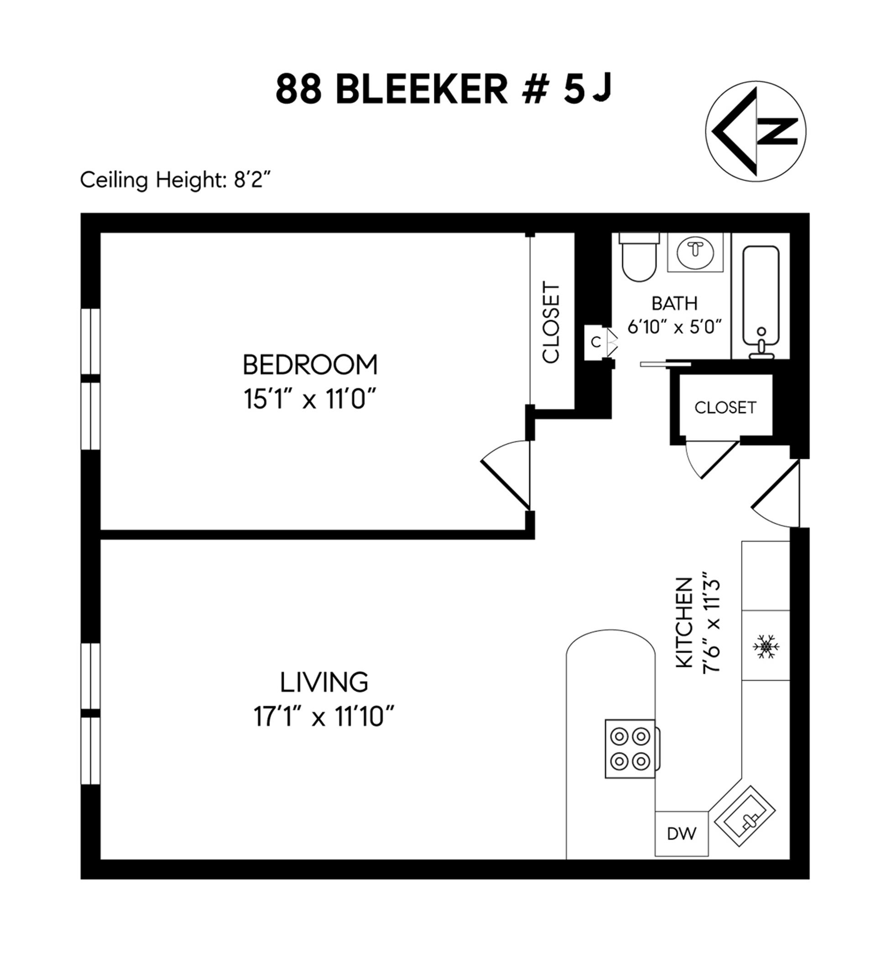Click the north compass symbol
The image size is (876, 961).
click(755, 131)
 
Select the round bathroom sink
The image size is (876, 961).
click(695, 252)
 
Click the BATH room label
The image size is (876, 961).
click(674, 304)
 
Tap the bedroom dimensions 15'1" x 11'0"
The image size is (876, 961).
click(310, 399)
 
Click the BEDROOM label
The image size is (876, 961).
click(310, 365)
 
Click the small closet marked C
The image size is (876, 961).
click(595, 342)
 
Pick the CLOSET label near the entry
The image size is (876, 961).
click(725, 408)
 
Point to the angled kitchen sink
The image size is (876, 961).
click(746, 816)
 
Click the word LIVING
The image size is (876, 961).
click(324, 682)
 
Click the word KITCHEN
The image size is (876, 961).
click(684, 623)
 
